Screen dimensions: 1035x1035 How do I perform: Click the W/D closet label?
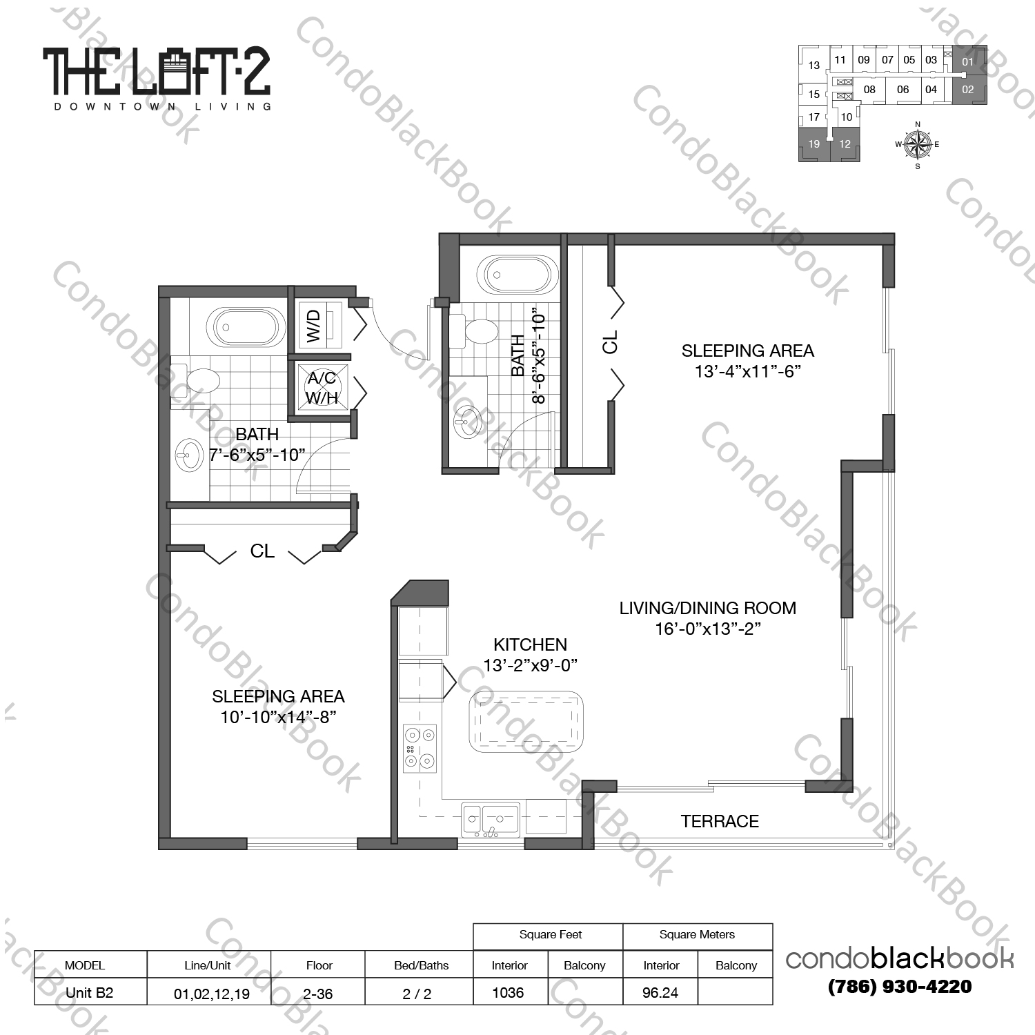click(x=314, y=326)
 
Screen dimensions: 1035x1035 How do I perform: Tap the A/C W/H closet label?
click(x=322, y=388)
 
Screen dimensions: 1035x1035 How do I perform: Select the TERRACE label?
click(x=720, y=821)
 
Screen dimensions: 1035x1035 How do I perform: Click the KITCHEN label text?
click(x=530, y=644)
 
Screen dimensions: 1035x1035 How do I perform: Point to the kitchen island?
click(x=526, y=722)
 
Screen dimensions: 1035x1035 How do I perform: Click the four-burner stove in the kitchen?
click(x=420, y=749)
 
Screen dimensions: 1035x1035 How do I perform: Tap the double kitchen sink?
click(x=491, y=820)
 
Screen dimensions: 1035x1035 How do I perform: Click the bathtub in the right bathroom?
click(x=517, y=275)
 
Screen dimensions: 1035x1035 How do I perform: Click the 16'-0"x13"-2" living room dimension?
click(x=707, y=629)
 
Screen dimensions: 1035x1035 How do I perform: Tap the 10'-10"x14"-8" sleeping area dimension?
click(x=278, y=717)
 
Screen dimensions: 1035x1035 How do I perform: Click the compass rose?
click(x=917, y=144)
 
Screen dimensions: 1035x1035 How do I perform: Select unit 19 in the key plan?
click(x=814, y=144)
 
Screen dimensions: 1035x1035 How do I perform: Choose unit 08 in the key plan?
click(x=869, y=90)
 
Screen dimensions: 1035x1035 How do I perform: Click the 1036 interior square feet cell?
click(x=509, y=992)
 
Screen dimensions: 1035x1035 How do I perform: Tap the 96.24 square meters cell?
click(x=660, y=992)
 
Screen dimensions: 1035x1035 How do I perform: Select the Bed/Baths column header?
click(x=421, y=965)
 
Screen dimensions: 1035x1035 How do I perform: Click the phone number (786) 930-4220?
click(x=900, y=987)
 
